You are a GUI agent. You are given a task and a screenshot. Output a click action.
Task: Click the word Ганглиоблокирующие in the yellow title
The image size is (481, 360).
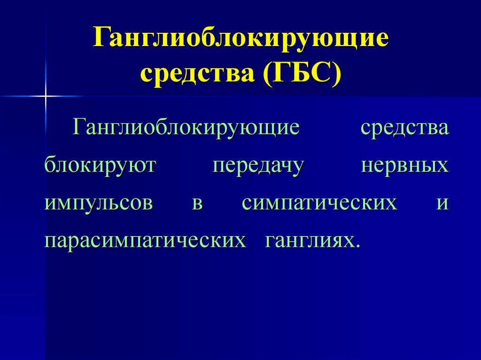(240, 39)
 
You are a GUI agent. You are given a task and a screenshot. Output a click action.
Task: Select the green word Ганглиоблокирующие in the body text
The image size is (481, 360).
(186, 129)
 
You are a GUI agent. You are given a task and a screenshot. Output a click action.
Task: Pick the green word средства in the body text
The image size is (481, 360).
(404, 129)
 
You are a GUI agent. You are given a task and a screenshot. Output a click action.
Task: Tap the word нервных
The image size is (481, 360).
(404, 166)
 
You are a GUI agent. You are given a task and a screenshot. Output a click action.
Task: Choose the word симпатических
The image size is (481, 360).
(319, 204)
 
